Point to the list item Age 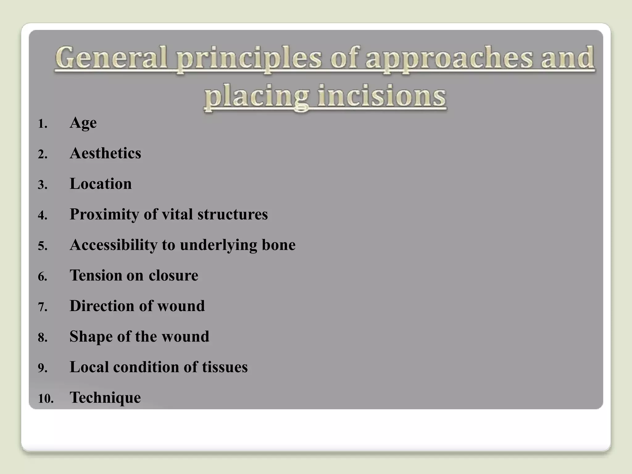point(83,123)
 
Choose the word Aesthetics point(105,153)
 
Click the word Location point(101,184)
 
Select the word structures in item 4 point(233,214)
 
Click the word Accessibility point(114,245)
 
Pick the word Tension point(96,275)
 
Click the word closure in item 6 point(173,275)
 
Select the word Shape point(91,337)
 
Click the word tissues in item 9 point(225,367)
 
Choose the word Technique point(105,397)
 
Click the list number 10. point(45,399)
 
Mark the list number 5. point(43,246)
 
